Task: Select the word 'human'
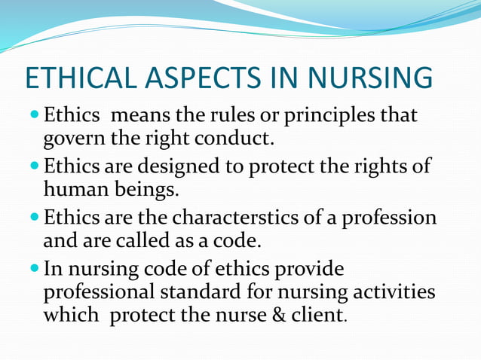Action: pyautogui.click(x=77, y=188)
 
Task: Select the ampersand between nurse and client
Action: pyautogui.click(x=279, y=314)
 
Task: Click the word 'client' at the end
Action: pyautogui.click(x=315, y=314)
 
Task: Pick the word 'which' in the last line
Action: pyautogui.click(x=72, y=314)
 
